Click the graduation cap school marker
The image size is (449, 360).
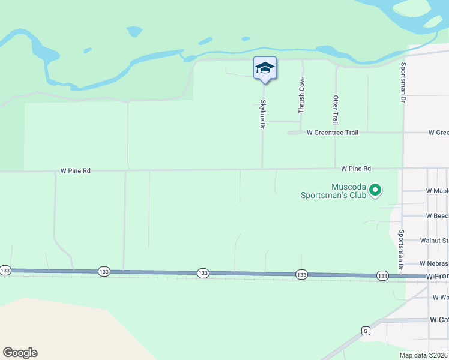pos(265,68)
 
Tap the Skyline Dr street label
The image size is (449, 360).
pos(262,114)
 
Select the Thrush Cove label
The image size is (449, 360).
pos(301,95)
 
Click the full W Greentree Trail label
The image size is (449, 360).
pos(332,133)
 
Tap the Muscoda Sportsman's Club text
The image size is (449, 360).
pos(333,191)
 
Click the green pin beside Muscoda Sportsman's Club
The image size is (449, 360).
pos(375,191)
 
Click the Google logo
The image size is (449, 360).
pos(20,353)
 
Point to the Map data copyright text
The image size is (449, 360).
pos(424,355)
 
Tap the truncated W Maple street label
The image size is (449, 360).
pos(437,191)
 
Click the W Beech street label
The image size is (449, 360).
pos(437,215)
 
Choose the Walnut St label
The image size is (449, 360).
pos(433,240)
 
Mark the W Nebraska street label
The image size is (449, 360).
pos(433,263)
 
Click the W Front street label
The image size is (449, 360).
pos(437,276)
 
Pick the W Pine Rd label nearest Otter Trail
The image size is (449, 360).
pos(356,169)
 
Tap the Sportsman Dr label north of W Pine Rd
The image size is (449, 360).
pos(403,80)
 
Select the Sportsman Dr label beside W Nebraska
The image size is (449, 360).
pos(401,249)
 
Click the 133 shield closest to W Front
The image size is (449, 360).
pos(382,275)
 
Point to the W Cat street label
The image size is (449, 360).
pos(439,320)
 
